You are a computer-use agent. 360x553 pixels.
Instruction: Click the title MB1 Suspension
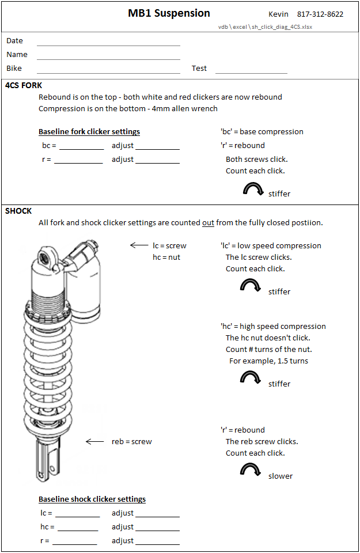tap(169, 13)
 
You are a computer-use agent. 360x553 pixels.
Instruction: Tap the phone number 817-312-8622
tap(320, 14)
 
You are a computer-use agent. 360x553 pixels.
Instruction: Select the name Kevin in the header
tap(278, 14)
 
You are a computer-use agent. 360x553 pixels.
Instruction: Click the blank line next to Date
tap(108, 44)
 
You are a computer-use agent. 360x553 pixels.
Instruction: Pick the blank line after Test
tap(251, 72)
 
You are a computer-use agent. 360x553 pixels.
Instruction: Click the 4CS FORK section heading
tap(24, 85)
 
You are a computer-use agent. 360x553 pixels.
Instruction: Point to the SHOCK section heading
tap(18, 211)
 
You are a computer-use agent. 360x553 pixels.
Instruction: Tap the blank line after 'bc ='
tap(81, 148)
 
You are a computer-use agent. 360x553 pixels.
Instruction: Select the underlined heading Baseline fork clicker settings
tap(89, 132)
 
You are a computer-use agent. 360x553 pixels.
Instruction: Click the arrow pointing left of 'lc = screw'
tap(139, 245)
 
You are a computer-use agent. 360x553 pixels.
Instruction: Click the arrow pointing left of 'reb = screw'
tap(95, 442)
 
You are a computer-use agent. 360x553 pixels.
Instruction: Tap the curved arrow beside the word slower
tap(251, 470)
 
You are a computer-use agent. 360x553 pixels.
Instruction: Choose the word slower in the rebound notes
tap(280, 476)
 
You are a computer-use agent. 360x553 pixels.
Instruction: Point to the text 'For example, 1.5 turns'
tap(268, 361)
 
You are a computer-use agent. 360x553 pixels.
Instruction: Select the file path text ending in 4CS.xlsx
tap(265, 26)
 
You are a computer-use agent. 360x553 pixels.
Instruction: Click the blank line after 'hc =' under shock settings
tap(78, 529)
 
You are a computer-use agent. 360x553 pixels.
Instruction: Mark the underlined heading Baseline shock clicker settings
tap(92, 499)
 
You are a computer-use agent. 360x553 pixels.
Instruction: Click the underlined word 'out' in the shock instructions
tap(209, 222)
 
